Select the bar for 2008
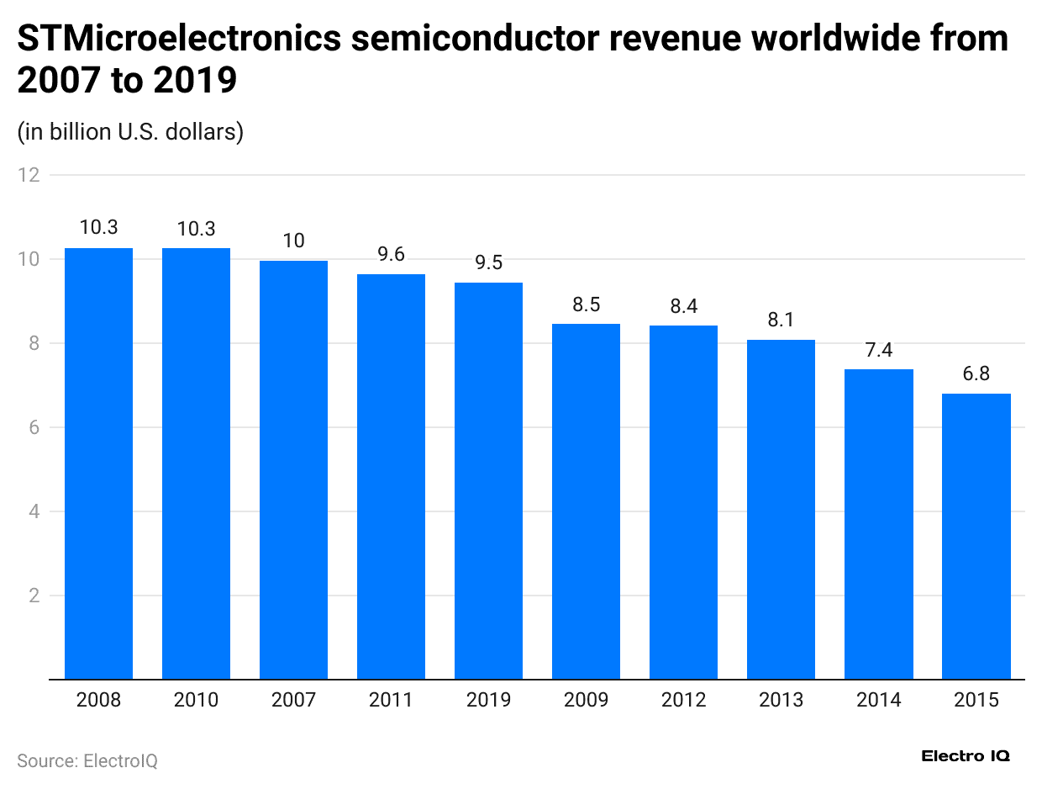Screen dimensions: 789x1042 [98, 463]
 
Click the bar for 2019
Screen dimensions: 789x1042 [488, 479]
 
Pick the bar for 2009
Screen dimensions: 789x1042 [586, 500]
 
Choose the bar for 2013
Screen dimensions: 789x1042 [781, 509]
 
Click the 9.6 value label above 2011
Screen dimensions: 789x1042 [391, 253]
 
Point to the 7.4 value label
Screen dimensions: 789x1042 [878, 349]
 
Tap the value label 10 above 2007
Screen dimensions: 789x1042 [293, 241]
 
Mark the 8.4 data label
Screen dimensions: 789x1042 [683, 306]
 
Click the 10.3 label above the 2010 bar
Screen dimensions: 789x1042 [196, 228]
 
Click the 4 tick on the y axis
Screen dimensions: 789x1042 [34, 511]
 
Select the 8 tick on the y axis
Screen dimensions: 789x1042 [34, 343]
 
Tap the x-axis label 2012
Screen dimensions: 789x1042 [683, 700]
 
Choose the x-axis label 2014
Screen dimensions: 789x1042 [878, 700]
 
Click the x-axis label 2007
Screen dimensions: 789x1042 [293, 700]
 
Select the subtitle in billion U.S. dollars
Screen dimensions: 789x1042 [130, 132]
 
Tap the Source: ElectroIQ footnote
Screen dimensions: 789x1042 [87, 760]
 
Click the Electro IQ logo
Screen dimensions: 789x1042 [966, 756]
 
